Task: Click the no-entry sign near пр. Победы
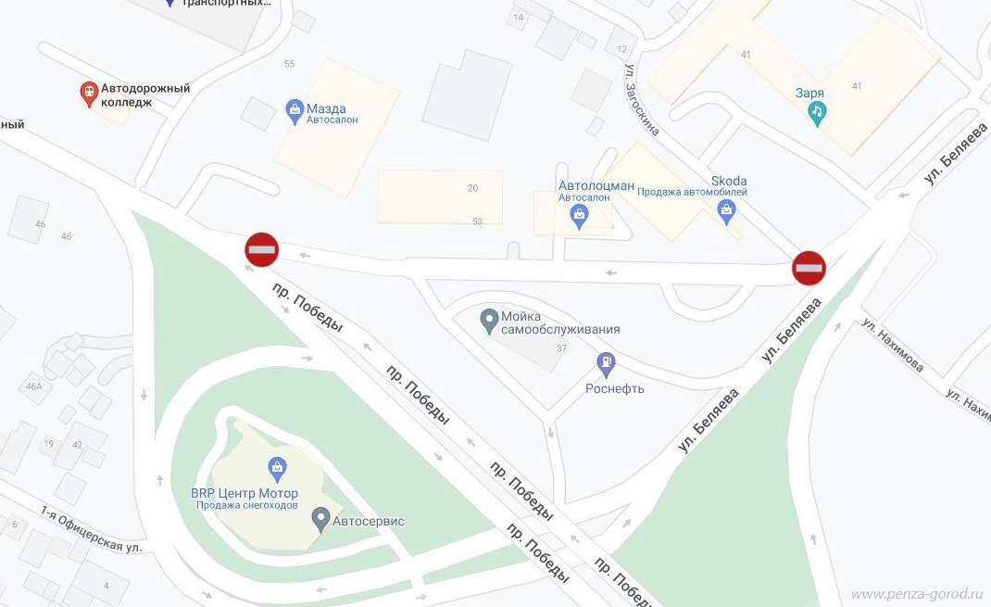261,249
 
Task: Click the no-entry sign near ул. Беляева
809,268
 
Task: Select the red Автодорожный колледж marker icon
89,93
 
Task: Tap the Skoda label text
729,181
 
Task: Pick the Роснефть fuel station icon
607,362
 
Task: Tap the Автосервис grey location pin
320,519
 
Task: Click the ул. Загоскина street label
641,100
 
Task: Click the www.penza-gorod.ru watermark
916,593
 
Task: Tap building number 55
290,64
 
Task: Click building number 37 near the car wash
561,348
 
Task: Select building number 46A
35,386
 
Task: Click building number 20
472,188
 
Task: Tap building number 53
478,221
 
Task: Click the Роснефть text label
614,388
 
